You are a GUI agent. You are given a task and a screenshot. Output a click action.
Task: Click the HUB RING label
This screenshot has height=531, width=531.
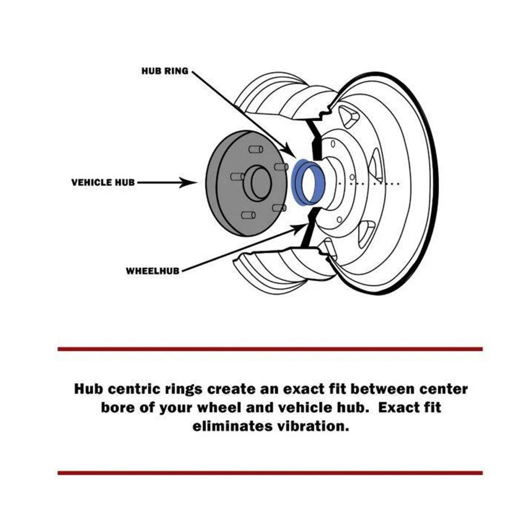click(x=165, y=71)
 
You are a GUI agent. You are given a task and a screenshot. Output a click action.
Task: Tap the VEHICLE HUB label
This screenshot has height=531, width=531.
click(x=103, y=182)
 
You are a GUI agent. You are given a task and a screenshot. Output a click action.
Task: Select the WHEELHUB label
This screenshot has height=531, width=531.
click(x=152, y=271)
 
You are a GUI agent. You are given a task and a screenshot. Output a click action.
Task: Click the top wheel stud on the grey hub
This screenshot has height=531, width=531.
click(x=256, y=149)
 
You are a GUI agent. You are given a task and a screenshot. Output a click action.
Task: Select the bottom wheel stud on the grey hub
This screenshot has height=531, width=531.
click(x=248, y=215)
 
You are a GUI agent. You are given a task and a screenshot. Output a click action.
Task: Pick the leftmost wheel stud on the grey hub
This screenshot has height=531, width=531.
click(x=237, y=176)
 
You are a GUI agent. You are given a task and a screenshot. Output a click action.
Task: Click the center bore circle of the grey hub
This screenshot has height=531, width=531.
click(x=261, y=183)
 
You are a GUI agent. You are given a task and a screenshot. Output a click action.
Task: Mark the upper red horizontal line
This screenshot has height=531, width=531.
click(x=270, y=349)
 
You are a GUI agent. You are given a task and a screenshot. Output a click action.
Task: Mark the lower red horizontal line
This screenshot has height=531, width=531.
click(x=270, y=473)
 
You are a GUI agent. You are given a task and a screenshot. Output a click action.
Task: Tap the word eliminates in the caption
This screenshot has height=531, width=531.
click(x=232, y=425)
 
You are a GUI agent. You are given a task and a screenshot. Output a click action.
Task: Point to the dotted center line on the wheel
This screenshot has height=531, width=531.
click(x=369, y=183)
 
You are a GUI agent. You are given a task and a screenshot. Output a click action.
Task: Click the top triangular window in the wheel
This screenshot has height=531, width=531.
click(x=349, y=117)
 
